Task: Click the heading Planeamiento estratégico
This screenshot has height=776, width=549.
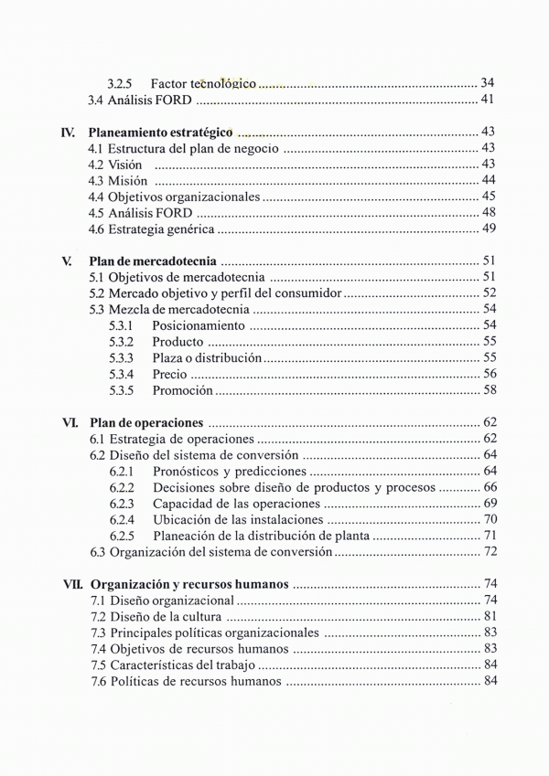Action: click(160, 133)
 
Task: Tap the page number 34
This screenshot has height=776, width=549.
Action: click(488, 83)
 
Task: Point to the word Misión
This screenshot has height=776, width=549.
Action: click(128, 180)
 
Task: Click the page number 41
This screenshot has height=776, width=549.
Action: click(488, 100)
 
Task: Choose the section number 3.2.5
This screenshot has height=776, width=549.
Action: click(121, 83)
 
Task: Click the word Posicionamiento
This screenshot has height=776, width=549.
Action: click(199, 325)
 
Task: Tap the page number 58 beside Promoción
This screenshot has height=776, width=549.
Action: click(490, 390)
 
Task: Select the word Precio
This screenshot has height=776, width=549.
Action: click(169, 374)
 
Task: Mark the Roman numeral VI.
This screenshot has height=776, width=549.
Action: click(70, 422)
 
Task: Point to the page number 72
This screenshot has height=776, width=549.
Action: click(490, 551)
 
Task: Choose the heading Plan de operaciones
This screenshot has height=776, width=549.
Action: click(146, 422)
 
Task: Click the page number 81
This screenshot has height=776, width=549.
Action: click(490, 616)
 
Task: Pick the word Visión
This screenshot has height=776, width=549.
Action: click(125, 165)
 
